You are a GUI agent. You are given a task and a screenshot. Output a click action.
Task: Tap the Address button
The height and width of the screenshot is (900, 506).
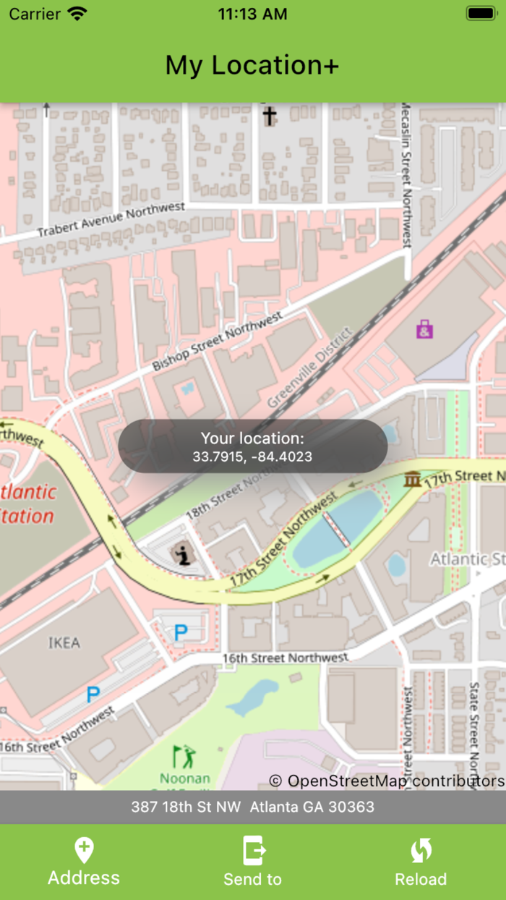(84, 862)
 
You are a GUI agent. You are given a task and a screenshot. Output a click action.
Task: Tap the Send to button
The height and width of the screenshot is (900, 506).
(252, 862)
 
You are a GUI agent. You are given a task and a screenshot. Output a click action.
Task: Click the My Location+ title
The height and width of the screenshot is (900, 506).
(252, 65)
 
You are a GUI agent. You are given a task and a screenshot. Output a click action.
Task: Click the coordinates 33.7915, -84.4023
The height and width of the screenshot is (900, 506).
(252, 457)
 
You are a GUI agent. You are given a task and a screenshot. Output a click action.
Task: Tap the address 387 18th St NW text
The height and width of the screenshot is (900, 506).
(252, 807)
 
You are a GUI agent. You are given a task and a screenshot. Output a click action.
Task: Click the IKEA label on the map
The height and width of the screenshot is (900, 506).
(64, 642)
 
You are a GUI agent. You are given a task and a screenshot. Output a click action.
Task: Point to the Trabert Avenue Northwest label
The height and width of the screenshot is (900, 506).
(111, 221)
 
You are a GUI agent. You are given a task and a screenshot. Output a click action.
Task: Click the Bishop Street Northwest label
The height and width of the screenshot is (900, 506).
(217, 343)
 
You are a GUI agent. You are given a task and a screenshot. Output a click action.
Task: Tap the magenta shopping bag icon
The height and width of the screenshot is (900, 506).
(425, 329)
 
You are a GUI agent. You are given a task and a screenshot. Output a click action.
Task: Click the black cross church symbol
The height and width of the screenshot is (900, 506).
(269, 116)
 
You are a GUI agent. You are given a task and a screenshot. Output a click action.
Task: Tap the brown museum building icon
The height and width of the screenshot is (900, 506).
(413, 478)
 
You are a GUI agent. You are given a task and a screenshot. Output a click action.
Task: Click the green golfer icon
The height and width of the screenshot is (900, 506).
(184, 757)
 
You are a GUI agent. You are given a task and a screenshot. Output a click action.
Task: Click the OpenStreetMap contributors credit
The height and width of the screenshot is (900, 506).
(387, 781)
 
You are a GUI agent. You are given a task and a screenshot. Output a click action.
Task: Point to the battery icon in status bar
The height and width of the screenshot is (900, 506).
(481, 14)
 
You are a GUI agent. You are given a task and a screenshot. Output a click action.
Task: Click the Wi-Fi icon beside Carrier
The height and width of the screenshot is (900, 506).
(77, 14)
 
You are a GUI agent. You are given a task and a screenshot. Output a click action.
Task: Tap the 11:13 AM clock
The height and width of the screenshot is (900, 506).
(252, 14)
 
